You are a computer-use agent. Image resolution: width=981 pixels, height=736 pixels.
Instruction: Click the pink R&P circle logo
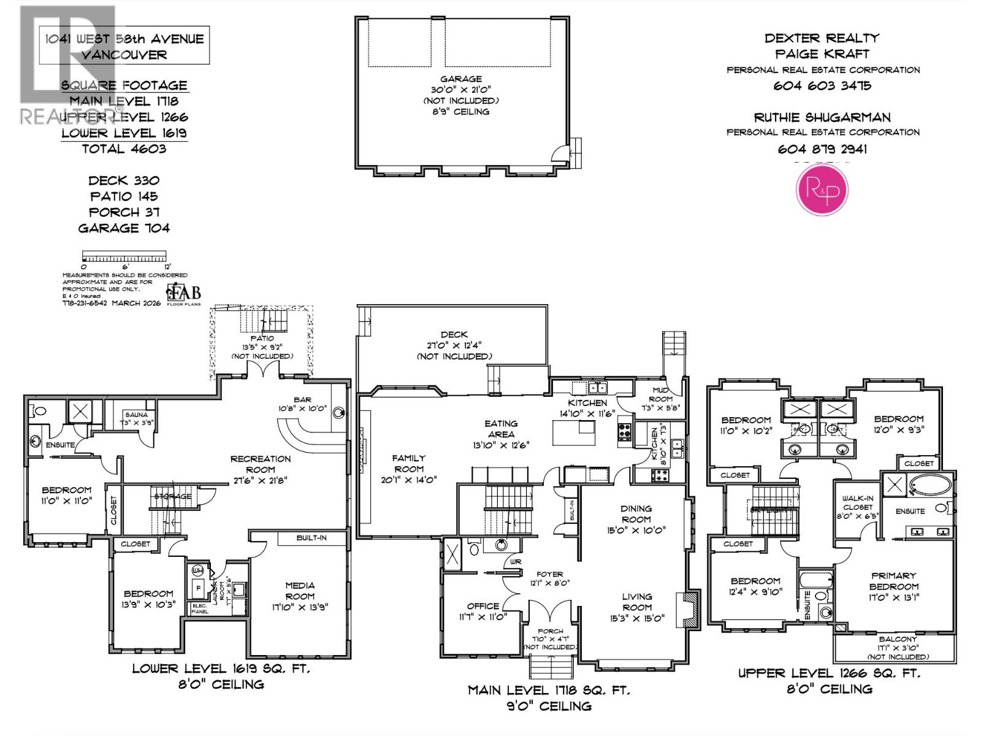pos(822,190)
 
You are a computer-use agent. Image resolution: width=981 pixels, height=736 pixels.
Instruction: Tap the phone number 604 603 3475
pos(822,86)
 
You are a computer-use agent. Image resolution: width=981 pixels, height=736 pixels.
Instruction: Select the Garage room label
pos(460,79)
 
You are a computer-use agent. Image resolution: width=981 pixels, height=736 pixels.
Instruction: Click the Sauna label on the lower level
pos(136,415)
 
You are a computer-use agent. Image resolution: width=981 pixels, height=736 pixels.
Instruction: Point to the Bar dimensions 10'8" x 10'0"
pos(303,408)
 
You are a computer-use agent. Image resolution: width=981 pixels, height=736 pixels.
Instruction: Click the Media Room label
pos(300,591)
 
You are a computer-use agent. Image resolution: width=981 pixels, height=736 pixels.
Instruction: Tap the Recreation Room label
pos(261,464)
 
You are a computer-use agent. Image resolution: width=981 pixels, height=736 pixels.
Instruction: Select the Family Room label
pos(408,463)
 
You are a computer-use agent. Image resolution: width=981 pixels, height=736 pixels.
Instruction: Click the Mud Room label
pos(660,394)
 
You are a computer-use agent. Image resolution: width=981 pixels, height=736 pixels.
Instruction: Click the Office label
pos(483,606)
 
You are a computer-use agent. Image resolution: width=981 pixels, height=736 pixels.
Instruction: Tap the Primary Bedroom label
pos(893,581)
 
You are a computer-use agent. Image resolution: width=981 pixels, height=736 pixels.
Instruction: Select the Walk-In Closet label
pos(857,503)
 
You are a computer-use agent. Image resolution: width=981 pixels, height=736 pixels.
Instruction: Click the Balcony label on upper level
pos(898,639)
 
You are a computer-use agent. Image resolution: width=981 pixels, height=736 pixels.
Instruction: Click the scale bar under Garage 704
pos(124,256)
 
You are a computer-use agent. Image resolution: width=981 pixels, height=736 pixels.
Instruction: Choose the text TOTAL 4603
pos(124,149)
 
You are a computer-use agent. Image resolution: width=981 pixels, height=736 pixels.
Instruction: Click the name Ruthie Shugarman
pos(822,117)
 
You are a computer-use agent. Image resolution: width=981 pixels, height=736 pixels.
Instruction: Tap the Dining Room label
pos(636,513)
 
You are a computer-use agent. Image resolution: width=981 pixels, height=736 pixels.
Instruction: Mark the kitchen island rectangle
pos(573,434)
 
